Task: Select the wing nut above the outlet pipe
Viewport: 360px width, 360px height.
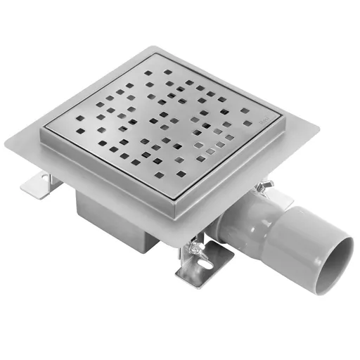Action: coord(265,186)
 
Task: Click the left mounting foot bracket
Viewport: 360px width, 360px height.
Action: coord(41,184)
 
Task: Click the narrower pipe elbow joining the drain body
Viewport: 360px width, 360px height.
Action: coord(239,221)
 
